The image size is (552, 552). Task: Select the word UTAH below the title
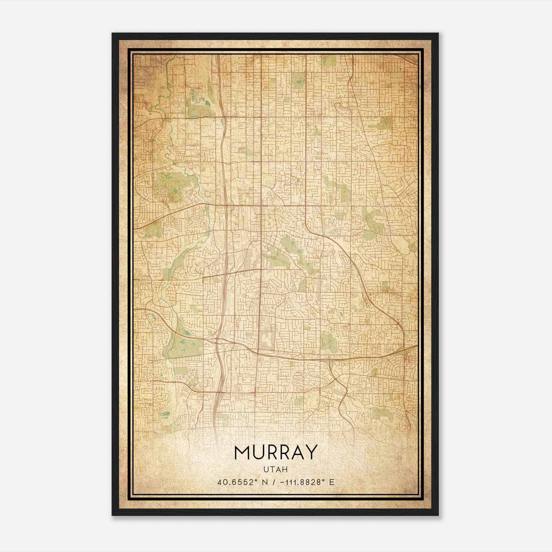(276, 469)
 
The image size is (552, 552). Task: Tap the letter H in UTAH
(285, 469)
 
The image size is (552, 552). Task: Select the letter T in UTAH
(273, 469)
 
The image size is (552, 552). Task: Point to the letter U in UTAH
(266, 469)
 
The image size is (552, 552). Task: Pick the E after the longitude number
(332, 482)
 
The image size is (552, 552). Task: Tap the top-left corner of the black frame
(112, 33)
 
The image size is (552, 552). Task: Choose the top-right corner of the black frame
(438, 33)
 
